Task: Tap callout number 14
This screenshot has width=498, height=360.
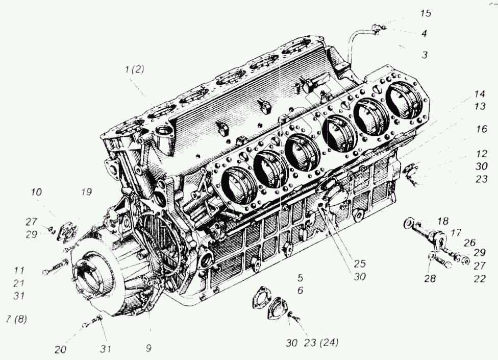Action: [x=478, y=95]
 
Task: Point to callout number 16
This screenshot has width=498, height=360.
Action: [x=481, y=130]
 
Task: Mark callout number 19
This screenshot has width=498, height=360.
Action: [x=86, y=193]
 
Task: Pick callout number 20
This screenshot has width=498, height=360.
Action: [x=61, y=350]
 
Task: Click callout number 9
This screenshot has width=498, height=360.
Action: [x=148, y=350]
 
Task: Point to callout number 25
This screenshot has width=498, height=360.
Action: [x=360, y=264]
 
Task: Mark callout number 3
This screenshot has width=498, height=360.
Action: [x=424, y=55]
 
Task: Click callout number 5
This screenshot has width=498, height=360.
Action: [x=301, y=278]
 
